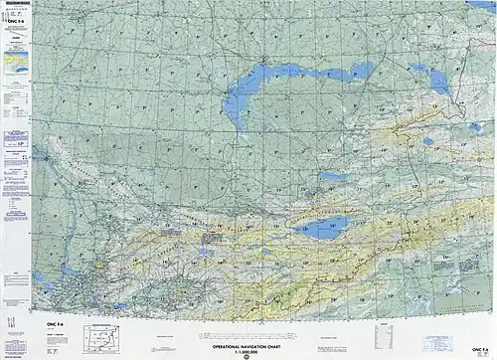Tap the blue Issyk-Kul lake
coord(329,229)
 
